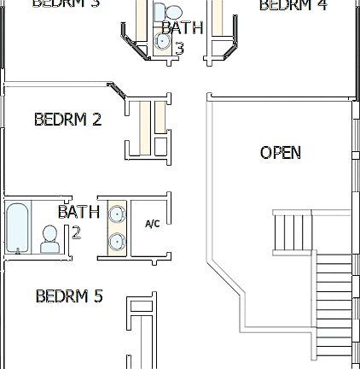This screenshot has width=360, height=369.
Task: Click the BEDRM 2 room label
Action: (x=67, y=120)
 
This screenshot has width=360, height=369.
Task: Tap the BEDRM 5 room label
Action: (x=69, y=296)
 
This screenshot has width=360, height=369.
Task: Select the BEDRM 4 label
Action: (x=293, y=5)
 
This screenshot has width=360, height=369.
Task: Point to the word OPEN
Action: (x=280, y=153)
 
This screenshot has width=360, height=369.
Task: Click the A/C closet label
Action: (x=153, y=224)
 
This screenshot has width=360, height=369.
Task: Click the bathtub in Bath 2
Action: (x=18, y=228)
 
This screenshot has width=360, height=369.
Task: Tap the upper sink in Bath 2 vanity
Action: (x=116, y=214)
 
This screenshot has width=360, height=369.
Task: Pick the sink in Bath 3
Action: (x=162, y=41)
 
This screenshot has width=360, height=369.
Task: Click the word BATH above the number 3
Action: (x=182, y=27)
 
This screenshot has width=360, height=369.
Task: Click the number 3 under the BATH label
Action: (x=180, y=48)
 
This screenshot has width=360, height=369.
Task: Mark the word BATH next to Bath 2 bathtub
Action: (x=78, y=212)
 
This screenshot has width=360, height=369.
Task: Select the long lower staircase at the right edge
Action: (x=334, y=303)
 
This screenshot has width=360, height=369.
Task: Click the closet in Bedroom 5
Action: (x=138, y=333)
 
